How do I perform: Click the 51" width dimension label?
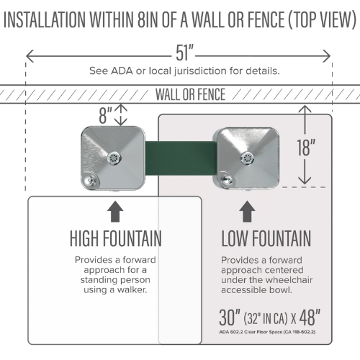[x=184, y=53]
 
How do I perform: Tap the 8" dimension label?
[x=105, y=115]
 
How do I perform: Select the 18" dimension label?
[x=305, y=148]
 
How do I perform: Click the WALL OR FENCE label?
[x=190, y=94]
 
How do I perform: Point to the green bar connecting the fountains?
[x=181, y=158]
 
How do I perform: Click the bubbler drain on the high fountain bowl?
[x=114, y=158]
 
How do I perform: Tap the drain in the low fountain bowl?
[x=247, y=158]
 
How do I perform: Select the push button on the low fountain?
[x=225, y=179]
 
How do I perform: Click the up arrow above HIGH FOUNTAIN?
[x=115, y=212]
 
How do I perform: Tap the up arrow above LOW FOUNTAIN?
[x=247, y=212]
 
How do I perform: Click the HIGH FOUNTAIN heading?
[x=116, y=238]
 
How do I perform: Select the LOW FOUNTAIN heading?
[x=266, y=238]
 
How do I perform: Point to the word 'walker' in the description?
[x=132, y=290]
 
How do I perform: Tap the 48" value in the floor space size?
[x=310, y=318]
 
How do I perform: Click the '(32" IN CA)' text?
[x=266, y=318]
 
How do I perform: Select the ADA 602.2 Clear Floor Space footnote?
[x=267, y=332]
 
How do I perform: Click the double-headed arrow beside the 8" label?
[x=120, y=114]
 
